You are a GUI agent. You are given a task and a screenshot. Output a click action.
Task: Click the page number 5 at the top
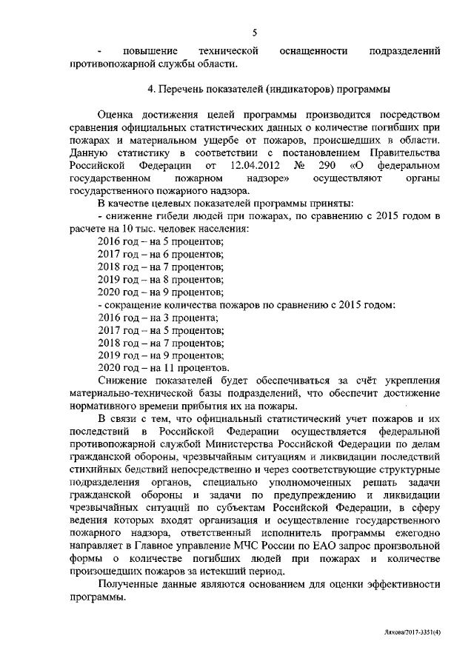(253, 32)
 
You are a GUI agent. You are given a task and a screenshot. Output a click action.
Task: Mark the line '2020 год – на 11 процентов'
(163, 368)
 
